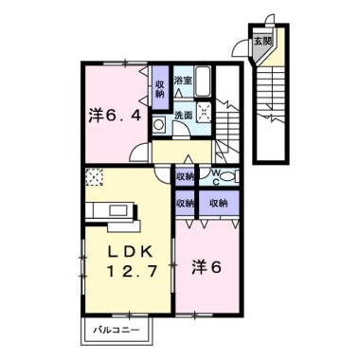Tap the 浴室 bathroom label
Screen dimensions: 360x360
pos(184,81)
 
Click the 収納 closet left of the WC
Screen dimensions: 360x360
pos(185,175)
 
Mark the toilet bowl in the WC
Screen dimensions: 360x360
pos(233,177)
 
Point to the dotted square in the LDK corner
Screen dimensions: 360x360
pos(94,177)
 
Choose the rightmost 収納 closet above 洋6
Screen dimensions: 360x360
pos(220,202)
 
